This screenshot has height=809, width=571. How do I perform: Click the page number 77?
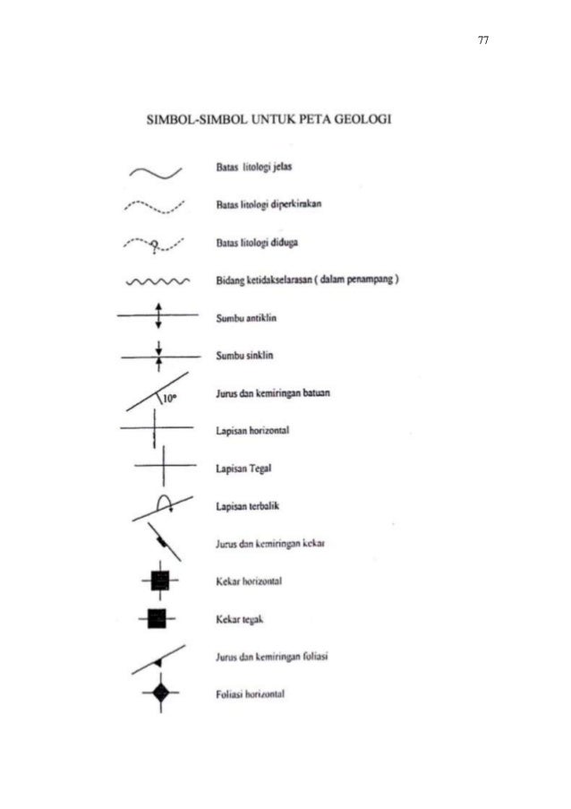(482, 41)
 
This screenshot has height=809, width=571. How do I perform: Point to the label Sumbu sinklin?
(244, 356)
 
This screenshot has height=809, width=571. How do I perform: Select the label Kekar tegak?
(237, 618)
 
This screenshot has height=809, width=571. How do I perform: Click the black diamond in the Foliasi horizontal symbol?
(160, 693)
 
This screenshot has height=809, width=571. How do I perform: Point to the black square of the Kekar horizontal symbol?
(159, 581)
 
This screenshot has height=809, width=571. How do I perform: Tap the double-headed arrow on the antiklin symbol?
(158, 316)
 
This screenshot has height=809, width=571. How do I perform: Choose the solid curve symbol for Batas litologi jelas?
(158, 168)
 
